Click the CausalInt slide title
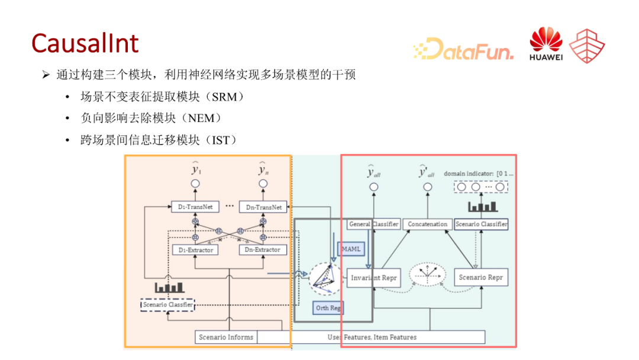point(85,44)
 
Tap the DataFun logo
point(463,49)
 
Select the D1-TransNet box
point(195,207)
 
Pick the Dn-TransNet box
point(263,207)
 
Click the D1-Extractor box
point(195,250)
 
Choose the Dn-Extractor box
point(263,250)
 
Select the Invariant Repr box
point(374,278)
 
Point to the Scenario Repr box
point(480,278)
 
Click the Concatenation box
point(427,224)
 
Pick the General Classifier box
point(373,224)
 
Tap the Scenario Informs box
point(226,337)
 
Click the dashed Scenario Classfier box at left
point(168,305)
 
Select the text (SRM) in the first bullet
point(227,97)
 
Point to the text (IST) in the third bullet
point(220,140)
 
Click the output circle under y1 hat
point(195,184)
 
